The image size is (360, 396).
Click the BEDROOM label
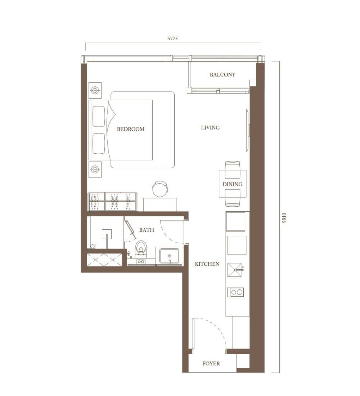click(x=131, y=129)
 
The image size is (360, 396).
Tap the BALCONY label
click(x=222, y=75)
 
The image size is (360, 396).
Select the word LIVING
click(x=211, y=127)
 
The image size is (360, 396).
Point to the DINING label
click(x=233, y=184)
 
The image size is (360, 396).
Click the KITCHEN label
click(x=207, y=264)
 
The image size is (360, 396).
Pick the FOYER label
click(x=211, y=364)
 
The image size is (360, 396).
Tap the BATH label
click(x=147, y=230)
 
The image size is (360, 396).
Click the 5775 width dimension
click(x=173, y=39)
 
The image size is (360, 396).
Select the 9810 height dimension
click(x=284, y=218)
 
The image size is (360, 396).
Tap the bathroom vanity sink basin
click(x=169, y=256)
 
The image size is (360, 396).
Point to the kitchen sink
click(x=235, y=270)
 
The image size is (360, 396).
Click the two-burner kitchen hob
click(x=235, y=292)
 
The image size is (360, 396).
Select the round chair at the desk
click(x=160, y=188)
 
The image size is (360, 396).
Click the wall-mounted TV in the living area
click(x=248, y=130)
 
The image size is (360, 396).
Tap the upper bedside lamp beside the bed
click(x=95, y=90)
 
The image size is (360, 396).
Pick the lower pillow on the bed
click(x=99, y=143)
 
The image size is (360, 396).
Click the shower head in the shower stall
click(x=107, y=234)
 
